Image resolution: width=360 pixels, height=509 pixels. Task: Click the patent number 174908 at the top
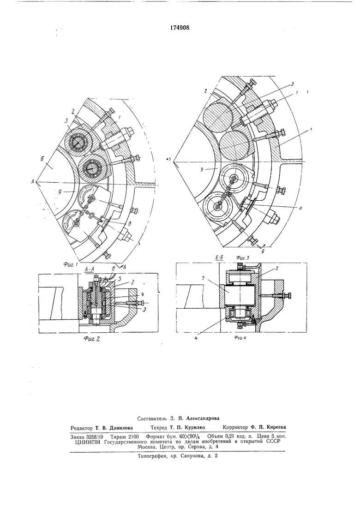pos(180,28)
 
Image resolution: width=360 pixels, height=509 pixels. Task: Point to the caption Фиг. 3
pos(242,257)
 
